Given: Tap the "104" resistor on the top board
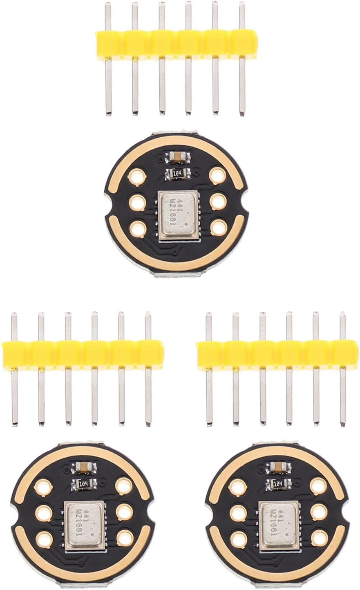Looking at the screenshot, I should [177, 173].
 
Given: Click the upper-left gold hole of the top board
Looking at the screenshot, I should [135, 177].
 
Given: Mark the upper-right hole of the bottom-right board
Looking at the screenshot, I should [318, 486].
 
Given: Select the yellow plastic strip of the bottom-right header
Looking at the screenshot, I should [278, 353].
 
